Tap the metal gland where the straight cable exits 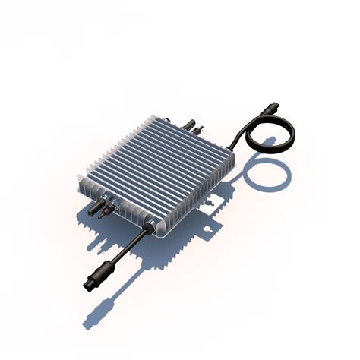click(x=152, y=225)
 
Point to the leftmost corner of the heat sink click(x=80, y=179)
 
